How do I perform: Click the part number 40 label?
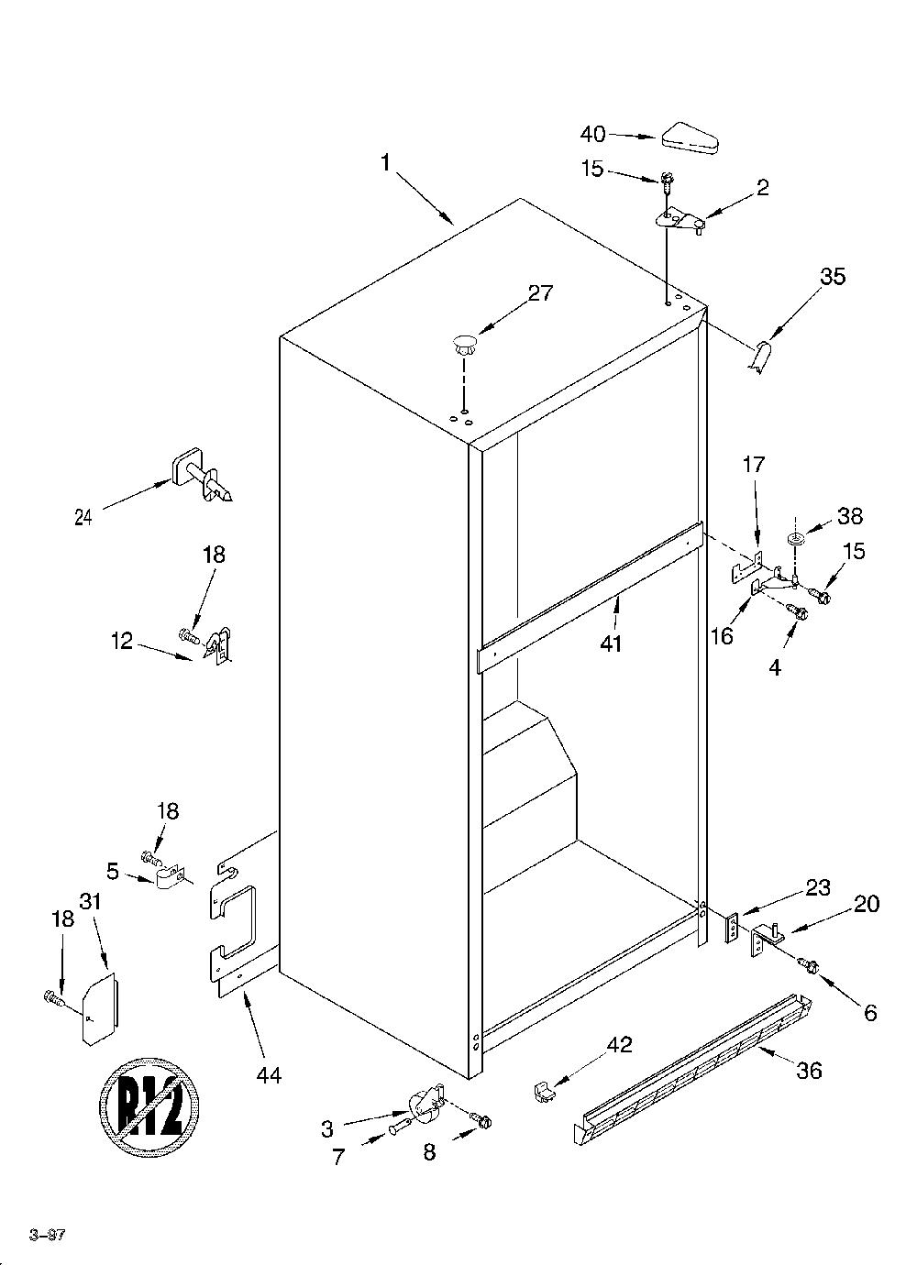[592, 134]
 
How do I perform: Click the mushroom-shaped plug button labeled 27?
[464, 345]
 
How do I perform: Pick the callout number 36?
[809, 1070]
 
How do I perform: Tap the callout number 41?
[611, 643]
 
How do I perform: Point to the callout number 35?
[833, 277]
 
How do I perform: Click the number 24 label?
[83, 517]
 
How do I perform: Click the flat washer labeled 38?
[795, 537]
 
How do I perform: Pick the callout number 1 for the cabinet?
[385, 162]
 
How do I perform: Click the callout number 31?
[90, 901]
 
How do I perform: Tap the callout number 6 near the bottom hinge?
[870, 1013]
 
